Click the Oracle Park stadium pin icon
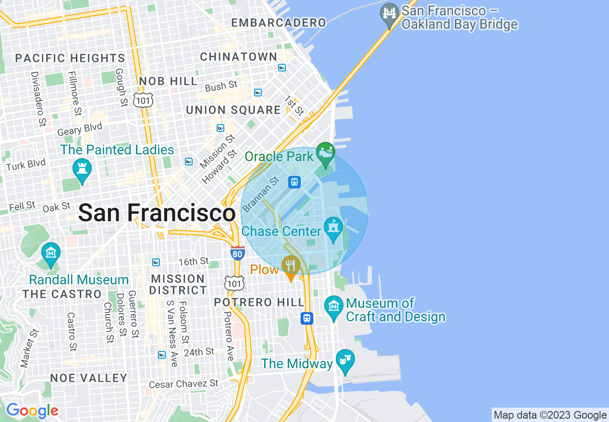(x=325, y=152)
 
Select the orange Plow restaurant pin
(x=291, y=266)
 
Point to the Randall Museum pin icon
(x=51, y=253)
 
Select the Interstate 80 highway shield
(x=237, y=253)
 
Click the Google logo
(x=32, y=410)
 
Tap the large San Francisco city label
(x=157, y=212)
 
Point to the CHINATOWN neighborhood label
(x=239, y=57)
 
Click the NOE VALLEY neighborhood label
(x=89, y=378)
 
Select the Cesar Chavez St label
(x=183, y=384)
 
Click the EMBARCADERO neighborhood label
(x=279, y=23)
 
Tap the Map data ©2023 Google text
(x=550, y=415)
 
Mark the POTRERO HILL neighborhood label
(x=259, y=303)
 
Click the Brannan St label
(x=261, y=194)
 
